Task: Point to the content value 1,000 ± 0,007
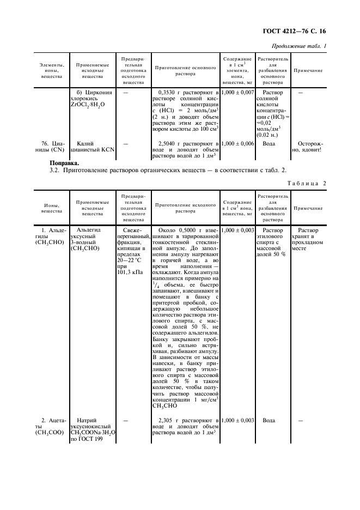pos(238,93)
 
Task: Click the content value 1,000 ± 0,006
pos(238,143)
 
